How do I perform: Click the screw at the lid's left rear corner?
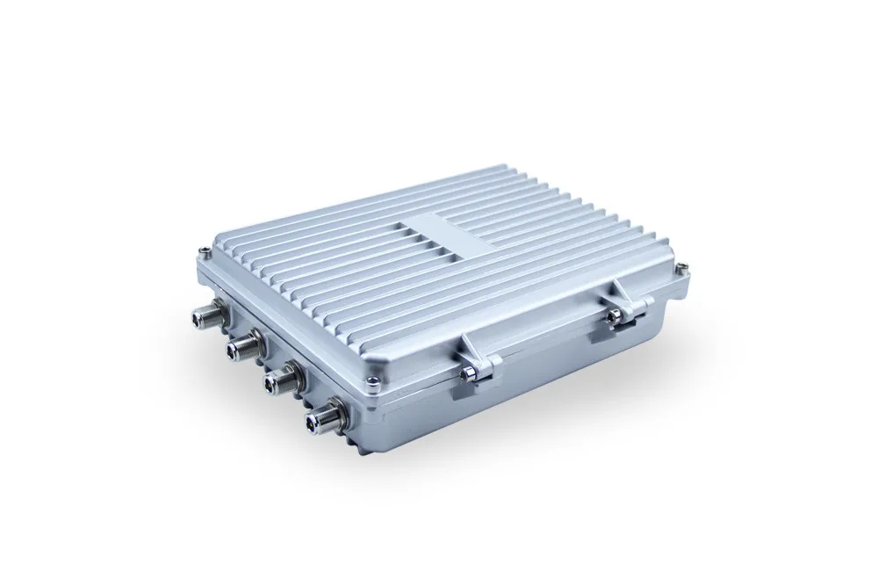204,253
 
